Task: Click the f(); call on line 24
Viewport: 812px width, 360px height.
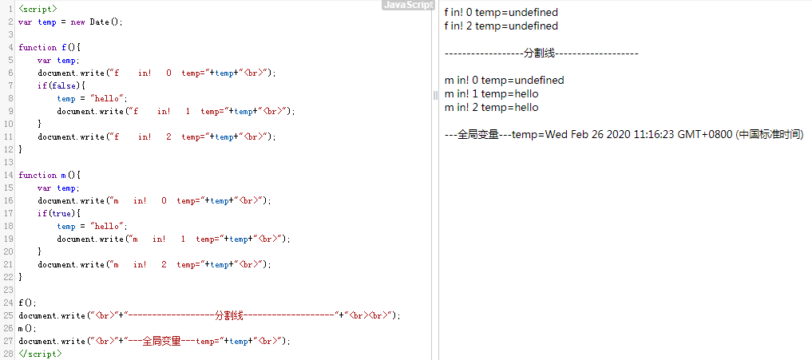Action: tap(27, 303)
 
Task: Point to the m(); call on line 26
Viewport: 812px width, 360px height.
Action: tap(27, 328)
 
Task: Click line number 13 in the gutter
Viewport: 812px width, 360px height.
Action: tap(9, 162)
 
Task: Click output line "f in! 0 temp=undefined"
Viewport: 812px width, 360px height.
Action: tap(501, 13)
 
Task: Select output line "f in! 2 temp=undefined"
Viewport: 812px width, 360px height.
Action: tap(501, 26)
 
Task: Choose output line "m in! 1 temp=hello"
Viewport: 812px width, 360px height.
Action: tap(491, 94)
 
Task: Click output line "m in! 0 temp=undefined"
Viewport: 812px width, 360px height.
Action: tap(504, 81)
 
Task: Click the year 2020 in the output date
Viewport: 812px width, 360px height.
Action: tap(619, 135)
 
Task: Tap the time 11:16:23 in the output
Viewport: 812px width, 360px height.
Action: tap(656, 135)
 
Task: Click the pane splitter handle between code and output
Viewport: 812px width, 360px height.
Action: tap(436, 95)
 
